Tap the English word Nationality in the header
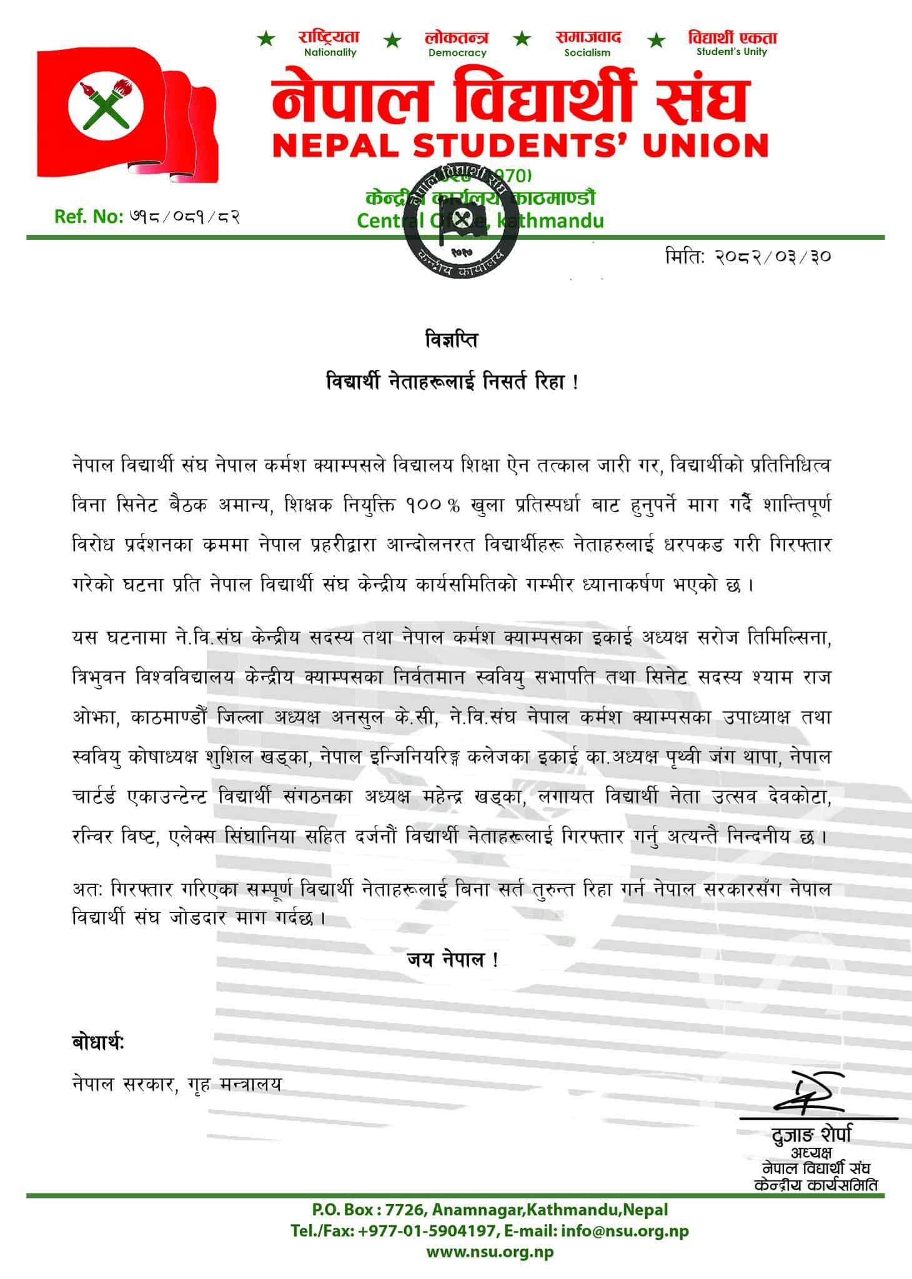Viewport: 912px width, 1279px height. [330, 52]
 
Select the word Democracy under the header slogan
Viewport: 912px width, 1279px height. [457, 53]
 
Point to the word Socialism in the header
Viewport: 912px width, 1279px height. [587, 53]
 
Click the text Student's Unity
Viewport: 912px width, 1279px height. [731, 52]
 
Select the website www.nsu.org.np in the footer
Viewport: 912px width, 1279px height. [490, 1252]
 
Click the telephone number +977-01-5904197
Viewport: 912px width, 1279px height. [429, 1231]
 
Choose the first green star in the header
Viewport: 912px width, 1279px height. [266, 41]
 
